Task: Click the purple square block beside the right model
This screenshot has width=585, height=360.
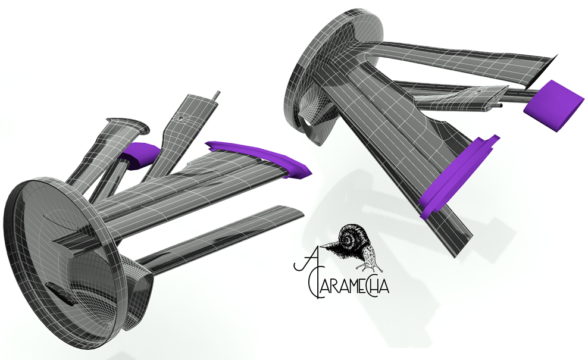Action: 553,105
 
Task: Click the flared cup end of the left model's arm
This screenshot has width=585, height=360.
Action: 128,125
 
